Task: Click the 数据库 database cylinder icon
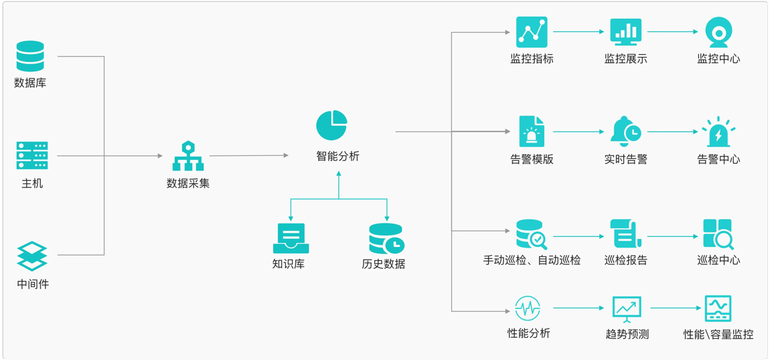tap(30, 57)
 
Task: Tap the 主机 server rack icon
tap(32, 156)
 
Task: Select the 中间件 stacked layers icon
tap(32, 256)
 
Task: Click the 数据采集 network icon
tap(187, 156)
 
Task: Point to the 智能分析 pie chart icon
tap(331, 126)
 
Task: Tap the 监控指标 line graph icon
tap(532, 32)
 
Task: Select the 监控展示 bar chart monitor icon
tap(626, 32)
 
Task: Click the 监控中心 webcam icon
tap(718, 32)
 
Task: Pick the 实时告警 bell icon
tap(625, 132)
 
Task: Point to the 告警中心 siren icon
tap(718, 132)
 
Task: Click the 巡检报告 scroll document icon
tap(625, 234)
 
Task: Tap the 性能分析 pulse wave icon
tap(528, 308)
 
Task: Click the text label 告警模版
tap(532, 159)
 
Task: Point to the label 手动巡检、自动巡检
tap(532, 260)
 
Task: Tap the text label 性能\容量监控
tap(718, 334)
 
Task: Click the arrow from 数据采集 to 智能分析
tap(249, 156)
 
